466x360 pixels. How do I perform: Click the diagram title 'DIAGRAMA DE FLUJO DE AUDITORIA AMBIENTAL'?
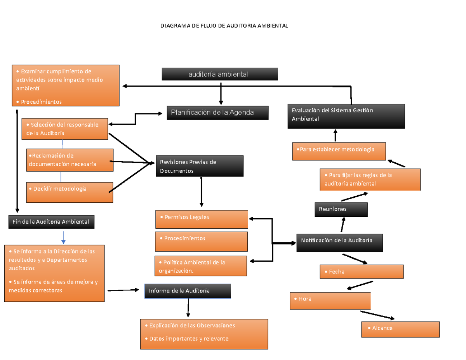coord(225,26)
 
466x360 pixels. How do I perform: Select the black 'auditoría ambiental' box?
coord(220,74)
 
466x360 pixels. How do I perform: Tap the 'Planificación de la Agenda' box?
coord(217,113)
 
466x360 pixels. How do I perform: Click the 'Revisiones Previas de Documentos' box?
coord(200,166)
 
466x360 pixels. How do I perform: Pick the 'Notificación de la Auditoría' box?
coord(339,242)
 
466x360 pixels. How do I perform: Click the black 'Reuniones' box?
coord(341,210)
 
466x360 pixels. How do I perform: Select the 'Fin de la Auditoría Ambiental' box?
coord(51,222)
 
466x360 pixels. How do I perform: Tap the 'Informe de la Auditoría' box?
coord(188,291)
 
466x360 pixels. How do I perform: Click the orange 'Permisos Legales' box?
coord(201,219)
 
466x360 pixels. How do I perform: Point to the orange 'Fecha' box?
coord(361,272)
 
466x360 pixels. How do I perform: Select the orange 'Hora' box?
coord(330,301)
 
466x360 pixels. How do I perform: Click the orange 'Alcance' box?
coord(400,329)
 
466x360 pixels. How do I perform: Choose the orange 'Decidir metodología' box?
coord(70,192)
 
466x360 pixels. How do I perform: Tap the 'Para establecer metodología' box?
coord(339,151)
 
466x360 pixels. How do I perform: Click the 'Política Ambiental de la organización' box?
coord(200,266)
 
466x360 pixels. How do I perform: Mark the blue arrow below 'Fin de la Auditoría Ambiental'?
coord(63,237)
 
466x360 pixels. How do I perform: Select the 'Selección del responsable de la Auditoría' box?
coord(64,129)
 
